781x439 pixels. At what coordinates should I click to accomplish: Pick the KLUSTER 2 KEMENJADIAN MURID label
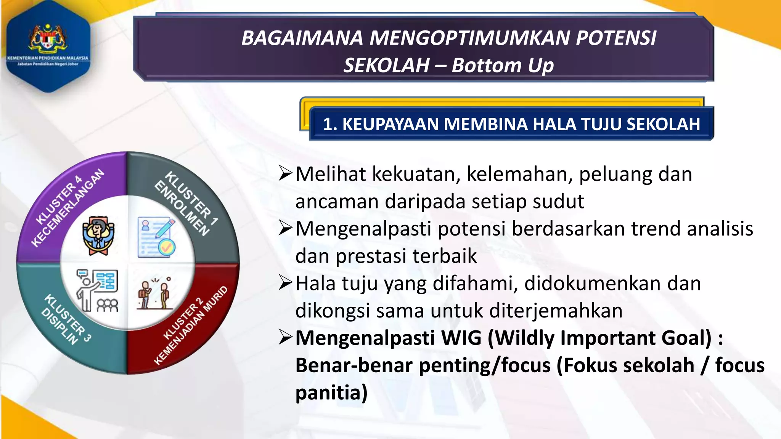coord(191,326)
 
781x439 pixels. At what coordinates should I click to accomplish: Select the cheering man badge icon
coord(98,235)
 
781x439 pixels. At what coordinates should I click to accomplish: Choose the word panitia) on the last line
coord(331,393)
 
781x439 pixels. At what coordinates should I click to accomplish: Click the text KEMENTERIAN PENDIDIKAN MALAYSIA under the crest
coord(48,58)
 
